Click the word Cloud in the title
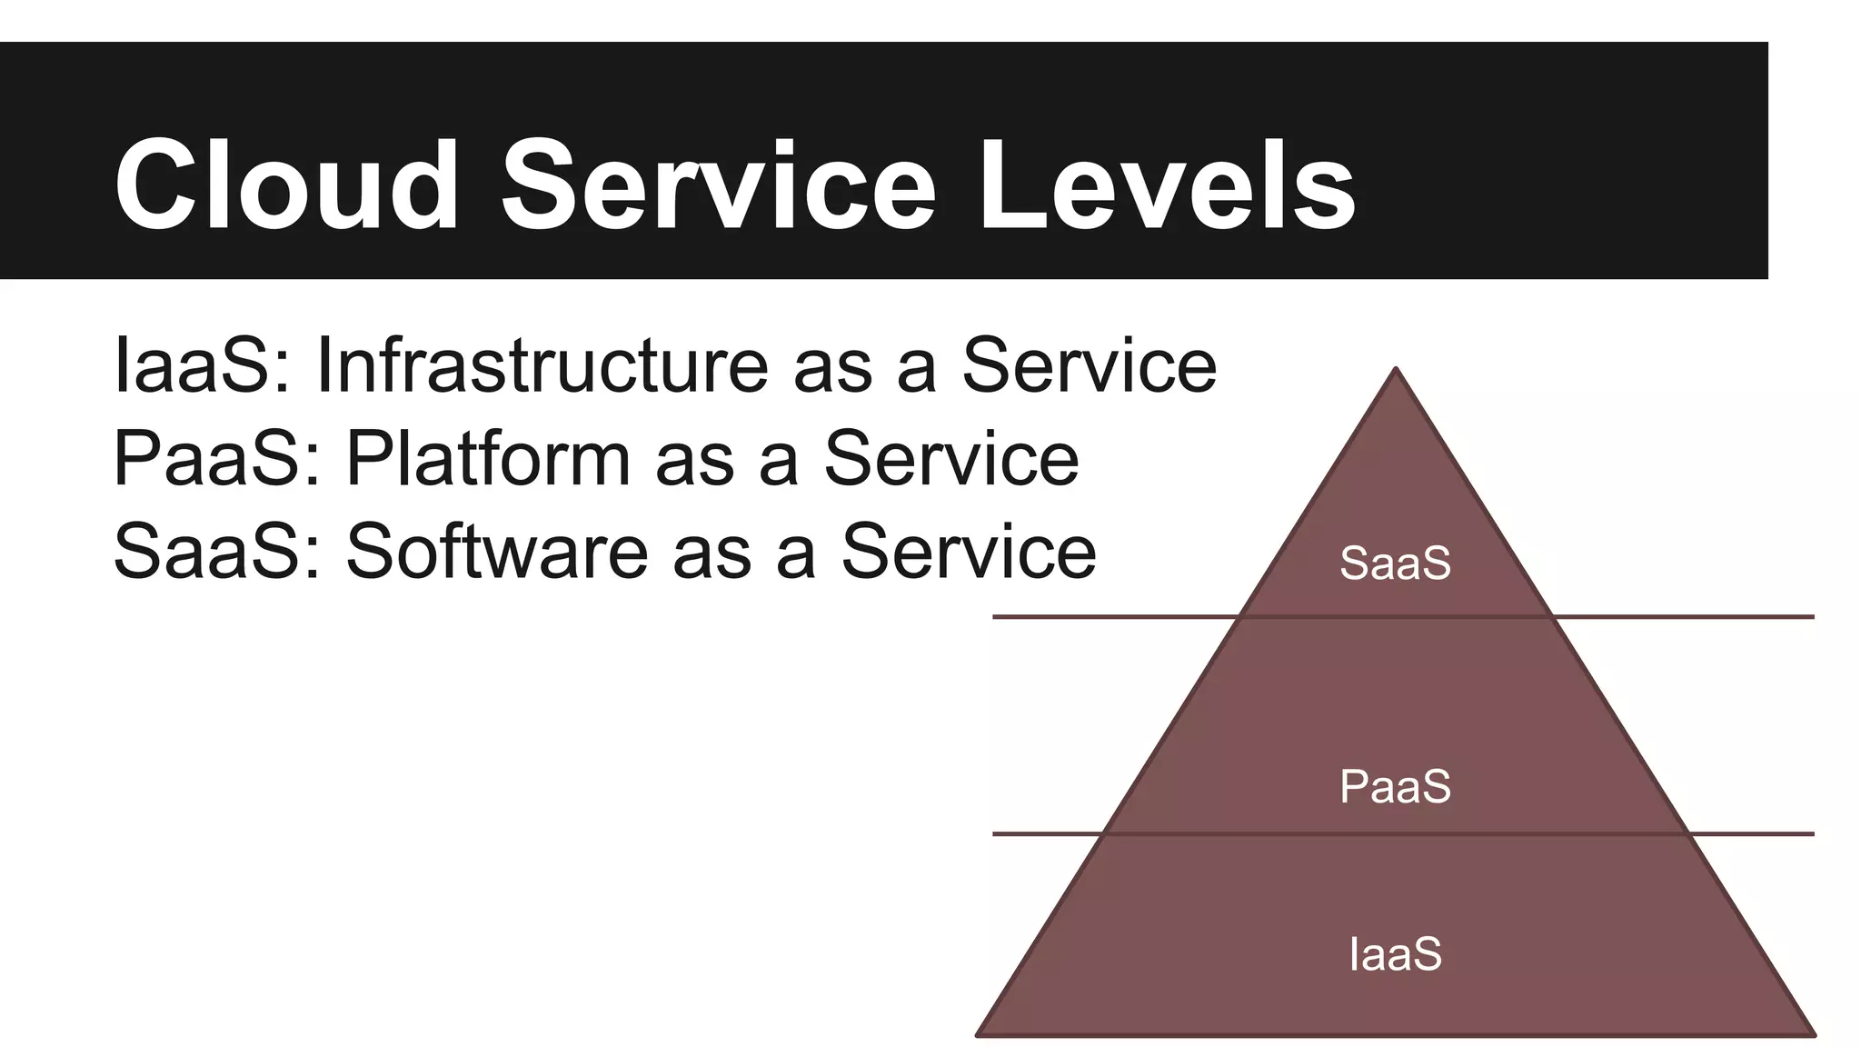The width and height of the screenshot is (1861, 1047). tap(286, 186)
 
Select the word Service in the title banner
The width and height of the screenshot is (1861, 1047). tap(718, 186)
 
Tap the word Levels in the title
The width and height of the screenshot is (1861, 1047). tap(1167, 186)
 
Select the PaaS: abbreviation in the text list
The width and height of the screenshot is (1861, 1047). tap(216, 459)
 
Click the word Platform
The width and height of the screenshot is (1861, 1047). tap(488, 459)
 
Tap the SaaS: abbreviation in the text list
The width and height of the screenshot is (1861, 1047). tap(216, 552)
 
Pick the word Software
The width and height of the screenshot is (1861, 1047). tap(497, 552)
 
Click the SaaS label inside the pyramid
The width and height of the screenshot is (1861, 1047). tap(1395, 563)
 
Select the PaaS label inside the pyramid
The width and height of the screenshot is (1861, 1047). tap(1395, 786)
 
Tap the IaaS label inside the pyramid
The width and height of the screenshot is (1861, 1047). tap(1395, 954)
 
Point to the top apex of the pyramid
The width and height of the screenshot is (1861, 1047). tap(1396, 369)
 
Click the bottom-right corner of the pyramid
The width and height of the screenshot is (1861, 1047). tap(1814, 1033)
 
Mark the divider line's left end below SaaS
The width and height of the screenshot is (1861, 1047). tap(995, 617)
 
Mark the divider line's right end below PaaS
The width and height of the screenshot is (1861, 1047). tap(1812, 833)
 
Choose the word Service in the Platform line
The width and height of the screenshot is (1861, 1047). tap(951, 459)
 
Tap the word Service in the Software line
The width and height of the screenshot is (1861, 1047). tap(969, 552)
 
